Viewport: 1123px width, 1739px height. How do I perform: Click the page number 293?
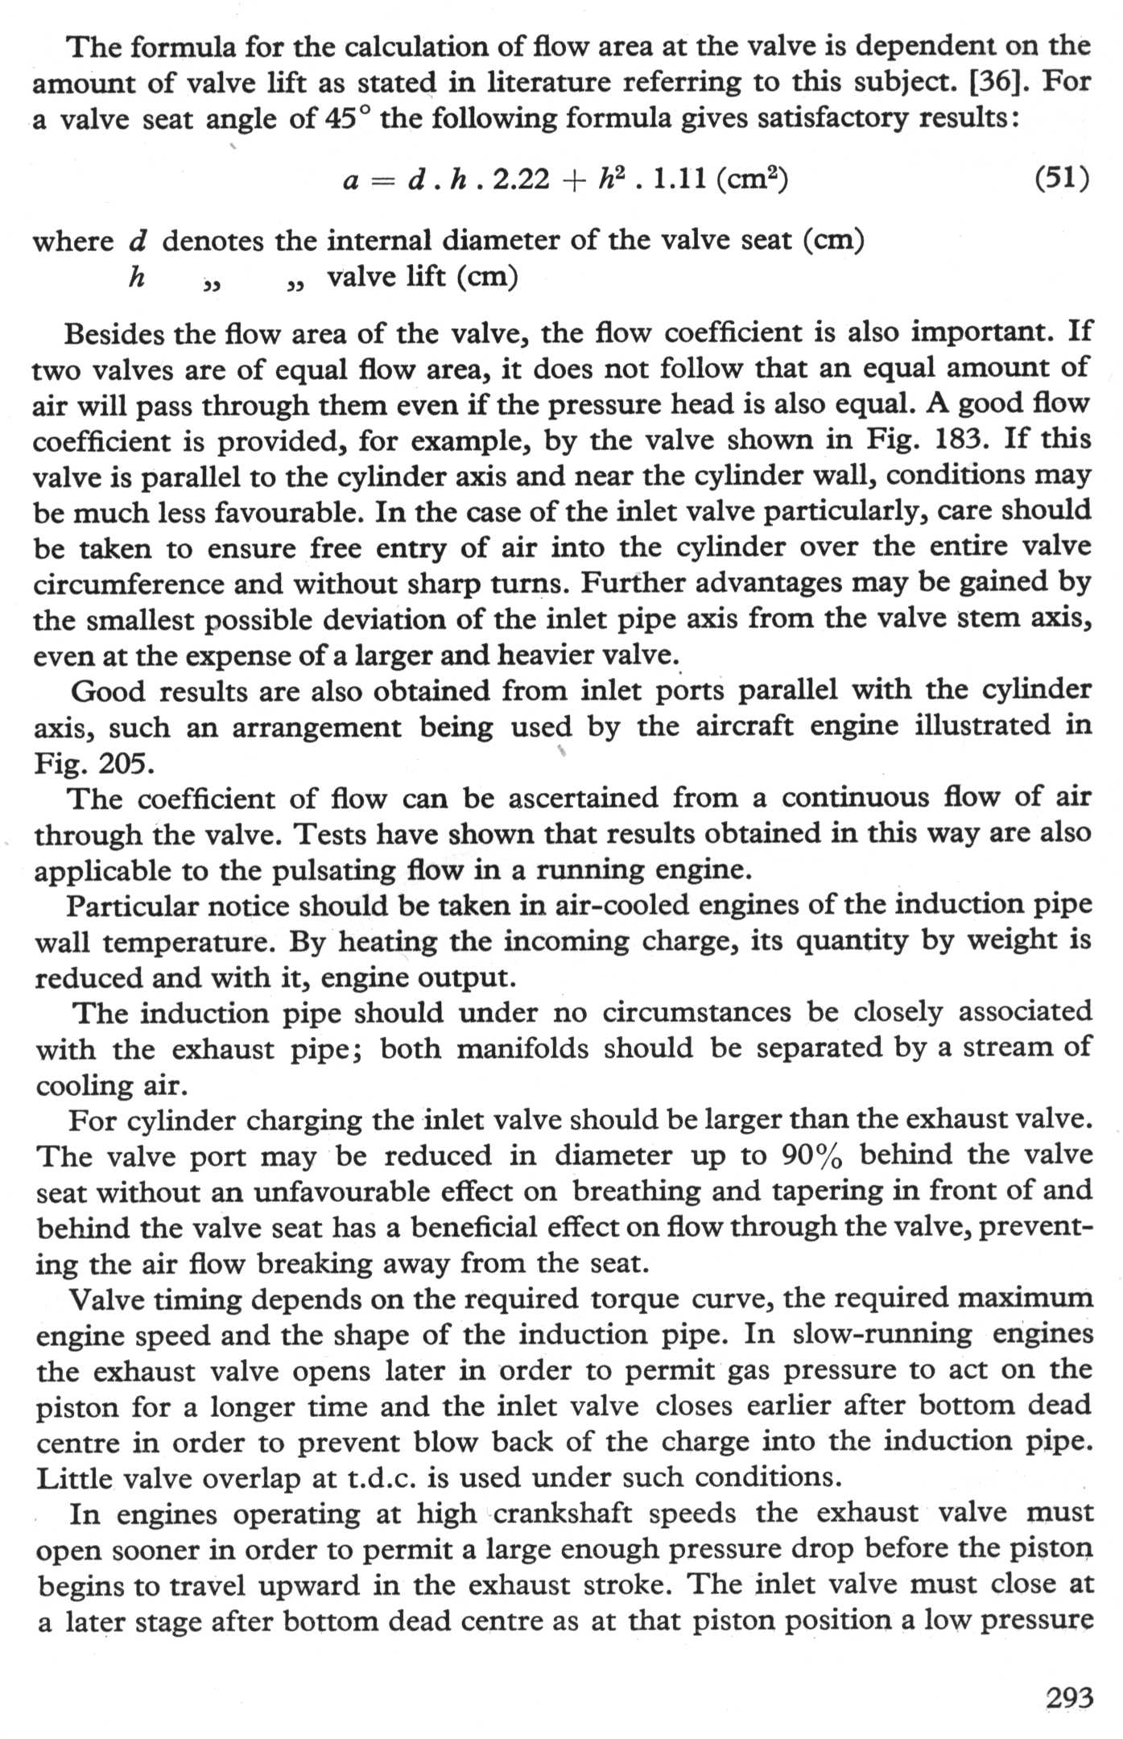(x=1069, y=1698)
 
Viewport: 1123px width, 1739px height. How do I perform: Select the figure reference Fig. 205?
(x=93, y=762)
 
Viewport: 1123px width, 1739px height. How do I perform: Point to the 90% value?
(x=812, y=1156)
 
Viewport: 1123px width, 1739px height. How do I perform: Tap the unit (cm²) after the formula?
(x=750, y=180)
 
